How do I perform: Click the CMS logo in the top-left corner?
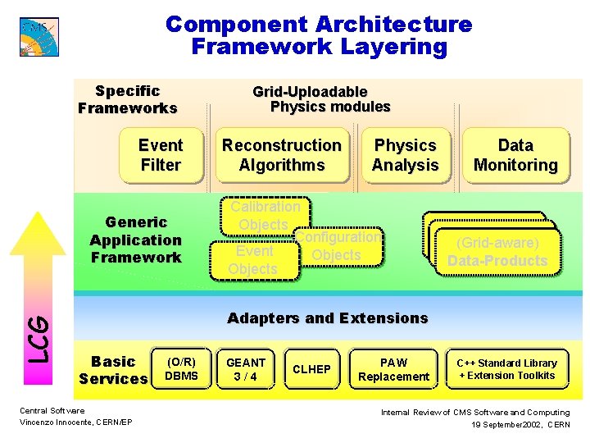(x=39, y=36)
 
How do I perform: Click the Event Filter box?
(x=160, y=155)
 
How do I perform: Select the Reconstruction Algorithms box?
(x=281, y=155)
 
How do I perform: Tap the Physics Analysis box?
(x=405, y=155)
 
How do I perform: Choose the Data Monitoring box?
(x=515, y=155)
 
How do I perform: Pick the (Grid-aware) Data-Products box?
(x=497, y=252)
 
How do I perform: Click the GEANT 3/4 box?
(x=246, y=369)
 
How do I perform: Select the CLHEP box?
(x=311, y=369)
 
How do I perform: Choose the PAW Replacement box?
(x=393, y=369)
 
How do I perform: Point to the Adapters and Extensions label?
(x=327, y=318)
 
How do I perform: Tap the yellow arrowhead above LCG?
(x=37, y=234)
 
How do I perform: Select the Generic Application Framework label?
(x=135, y=240)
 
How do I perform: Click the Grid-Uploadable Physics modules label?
(x=320, y=99)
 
